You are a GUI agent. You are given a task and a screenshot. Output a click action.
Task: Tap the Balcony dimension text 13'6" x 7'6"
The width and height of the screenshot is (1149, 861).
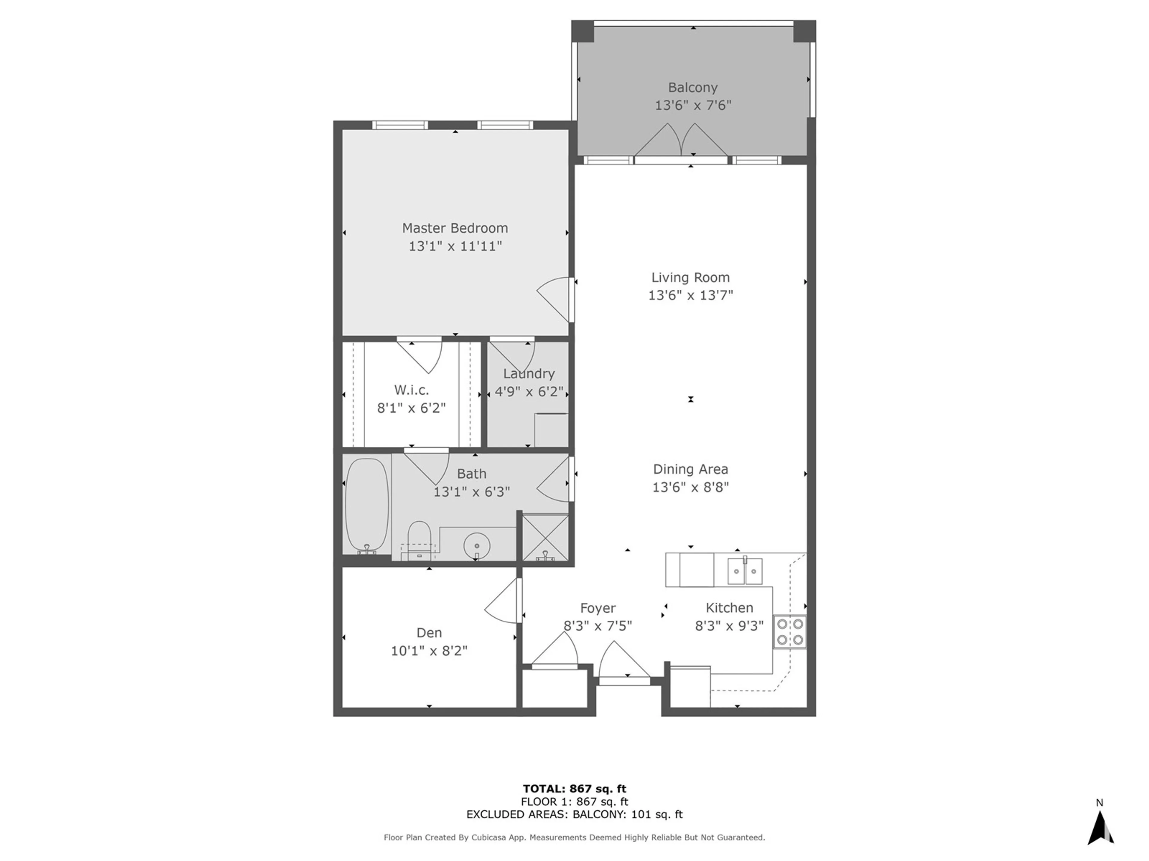pyautogui.click(x=693, y=105)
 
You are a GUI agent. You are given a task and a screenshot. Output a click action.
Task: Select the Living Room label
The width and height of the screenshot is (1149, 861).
pyautogui.click(x=690, y=278)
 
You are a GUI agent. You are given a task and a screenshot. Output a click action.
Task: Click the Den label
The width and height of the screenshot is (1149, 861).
pyautogui.click(x=429, y=633)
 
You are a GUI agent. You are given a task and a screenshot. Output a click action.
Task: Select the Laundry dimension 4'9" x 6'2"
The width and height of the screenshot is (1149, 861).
pyautogui.click(x=529, y=391)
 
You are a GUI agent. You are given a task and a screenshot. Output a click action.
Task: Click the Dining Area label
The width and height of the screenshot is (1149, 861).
pyautogui.click(x=690, y=469)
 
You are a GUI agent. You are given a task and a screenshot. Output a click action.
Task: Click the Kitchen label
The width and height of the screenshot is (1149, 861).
pyautogui.click(x=729, y=608)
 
